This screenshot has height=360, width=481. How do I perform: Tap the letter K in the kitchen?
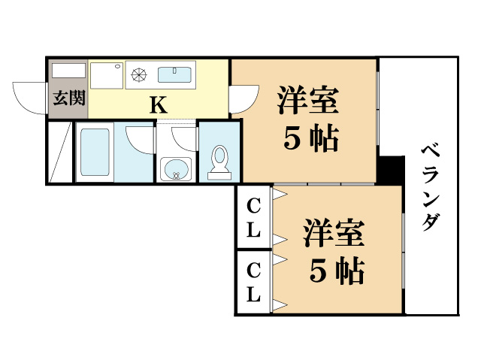pyautogui.click(x=158, y=104)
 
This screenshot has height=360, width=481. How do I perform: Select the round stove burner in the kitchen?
pyautogui.click(x=138, y=74)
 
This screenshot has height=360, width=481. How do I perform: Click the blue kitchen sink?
pyautogui.click(x=175, y=74)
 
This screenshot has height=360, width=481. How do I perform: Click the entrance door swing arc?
pyautogui.click(x=29, y=96)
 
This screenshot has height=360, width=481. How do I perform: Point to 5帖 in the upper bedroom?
pyautogui.click(x=309, y=138)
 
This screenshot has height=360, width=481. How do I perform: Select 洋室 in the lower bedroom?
pyautogui.click(x=334, y=232)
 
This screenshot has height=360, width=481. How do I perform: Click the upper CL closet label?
pyautogui.click(x=254, y=217)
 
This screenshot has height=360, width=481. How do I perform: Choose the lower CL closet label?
pyautogui.click(x=254, y=282)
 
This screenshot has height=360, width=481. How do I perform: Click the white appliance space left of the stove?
pyautogui.click(x=107, y=75)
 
